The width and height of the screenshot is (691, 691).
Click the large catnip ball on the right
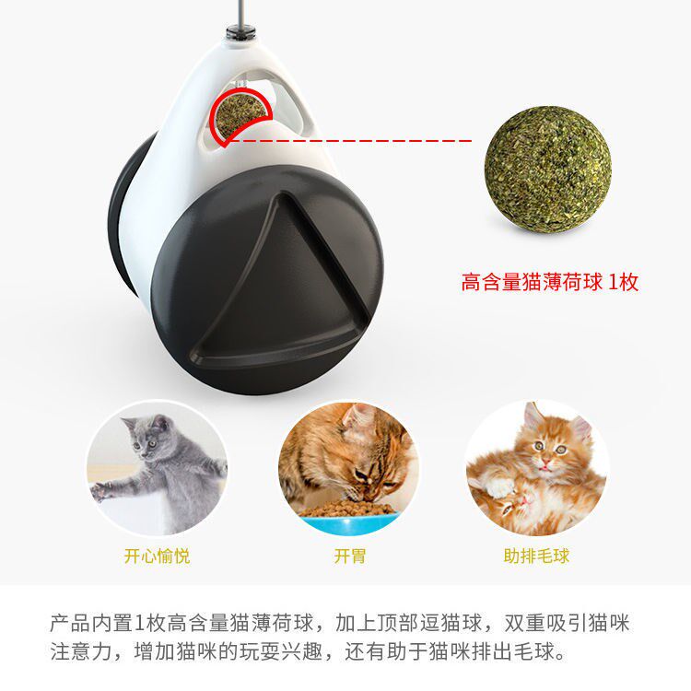coord(548,170)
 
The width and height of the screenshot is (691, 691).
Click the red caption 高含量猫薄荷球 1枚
coord(549,282)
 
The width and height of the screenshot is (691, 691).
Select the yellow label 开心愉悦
coord(157,556)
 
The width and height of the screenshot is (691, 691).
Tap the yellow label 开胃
coord(350,556)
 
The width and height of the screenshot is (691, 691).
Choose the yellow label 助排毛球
coord(536,556)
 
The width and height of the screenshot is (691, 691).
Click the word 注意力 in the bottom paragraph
coord(81,651)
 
